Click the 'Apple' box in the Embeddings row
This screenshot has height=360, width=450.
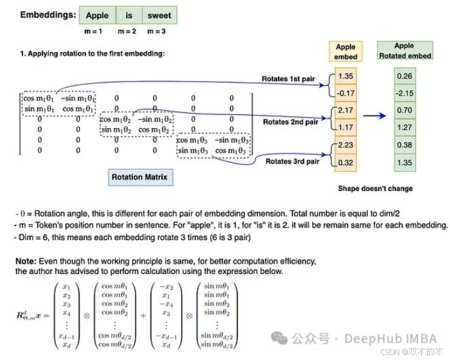click(97, 15)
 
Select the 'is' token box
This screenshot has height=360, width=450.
click(129, 15)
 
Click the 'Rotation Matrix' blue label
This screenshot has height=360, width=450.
click(139, 177)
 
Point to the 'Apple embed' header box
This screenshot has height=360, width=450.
click(345, 52)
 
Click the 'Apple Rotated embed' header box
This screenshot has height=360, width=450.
click(404, 50)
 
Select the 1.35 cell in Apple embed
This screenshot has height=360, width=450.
click(345, 77)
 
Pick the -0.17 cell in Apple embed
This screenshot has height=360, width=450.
click(345, 94)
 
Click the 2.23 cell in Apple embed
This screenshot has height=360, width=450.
click(345, 145)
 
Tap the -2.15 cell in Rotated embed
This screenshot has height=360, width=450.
click(404, 94)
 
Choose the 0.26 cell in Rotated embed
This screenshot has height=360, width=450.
click(404, 77)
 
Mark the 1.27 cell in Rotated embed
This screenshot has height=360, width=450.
click(404, 128)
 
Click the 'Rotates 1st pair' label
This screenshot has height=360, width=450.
click(290, 79)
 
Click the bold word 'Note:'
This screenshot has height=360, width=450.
click(26, 260)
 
